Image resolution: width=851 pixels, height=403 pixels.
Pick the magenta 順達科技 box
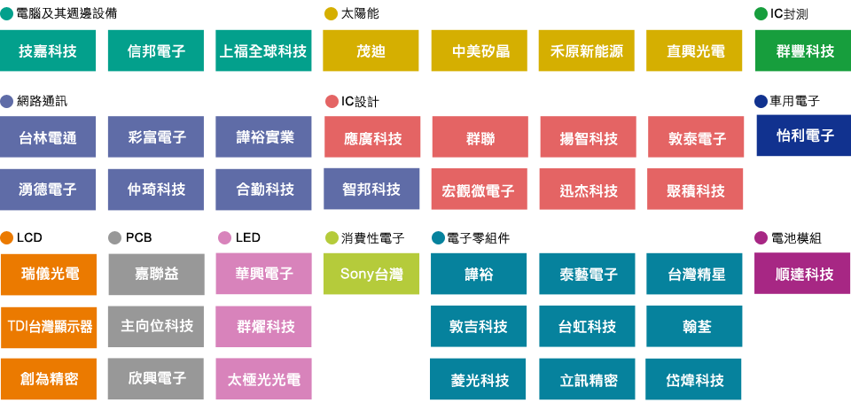pyautogui.click(x=801, y=274)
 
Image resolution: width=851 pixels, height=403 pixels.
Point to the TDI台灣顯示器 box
pyautogui.click(x=49, y=326)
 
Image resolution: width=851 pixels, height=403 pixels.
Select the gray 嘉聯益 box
pyautogui.click(x=156, y=274)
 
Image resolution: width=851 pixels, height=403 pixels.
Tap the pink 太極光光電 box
pyautogui.click(x=264, y=379)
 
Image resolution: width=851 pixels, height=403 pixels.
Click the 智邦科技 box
pyautogui.click(x=371, y=189)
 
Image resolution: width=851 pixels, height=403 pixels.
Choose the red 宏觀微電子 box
pyautogui.click(x=478, y=190)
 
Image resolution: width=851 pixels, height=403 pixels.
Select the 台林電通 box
pyautogui.click(x=49, y=137)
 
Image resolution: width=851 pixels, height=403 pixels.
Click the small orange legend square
pyautogui.click(x=7, y=237)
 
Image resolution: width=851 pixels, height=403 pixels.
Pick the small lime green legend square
pyautogui.click(x=331, y=237)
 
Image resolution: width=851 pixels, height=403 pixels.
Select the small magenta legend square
pyautogui.click(x=760, y=237)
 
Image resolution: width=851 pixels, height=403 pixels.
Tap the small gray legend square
pyautogui.click(x=114, y=237)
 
